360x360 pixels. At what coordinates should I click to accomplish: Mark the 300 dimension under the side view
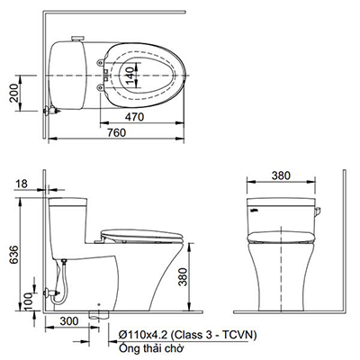(68, 321)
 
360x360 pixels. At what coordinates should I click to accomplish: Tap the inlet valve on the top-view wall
(53, 111)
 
